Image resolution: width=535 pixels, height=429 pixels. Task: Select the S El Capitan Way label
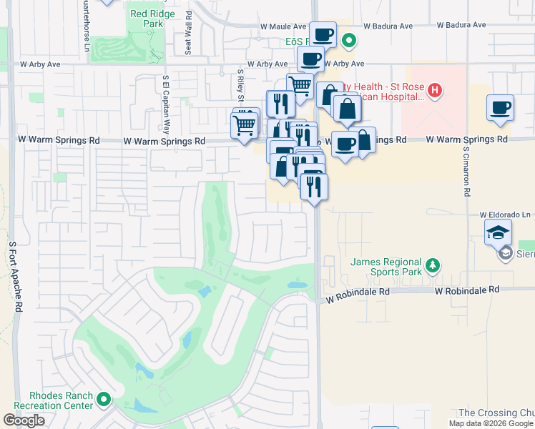click(165, 105)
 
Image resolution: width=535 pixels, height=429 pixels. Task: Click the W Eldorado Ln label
click(506, 214)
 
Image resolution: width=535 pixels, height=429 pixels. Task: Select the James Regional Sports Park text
click(386, 267)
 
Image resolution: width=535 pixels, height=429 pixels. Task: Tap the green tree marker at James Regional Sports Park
click(432, 266)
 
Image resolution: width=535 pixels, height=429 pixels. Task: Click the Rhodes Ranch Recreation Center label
click(62, 400)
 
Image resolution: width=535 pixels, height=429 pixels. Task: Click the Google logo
click(24, 420)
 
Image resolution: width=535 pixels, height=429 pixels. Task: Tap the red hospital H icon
click(434, 91)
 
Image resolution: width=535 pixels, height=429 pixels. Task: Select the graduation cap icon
click(499, 232)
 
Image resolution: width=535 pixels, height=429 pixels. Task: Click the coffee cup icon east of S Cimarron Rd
click(501, 107)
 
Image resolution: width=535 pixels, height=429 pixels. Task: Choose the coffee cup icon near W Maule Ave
click(323, 33)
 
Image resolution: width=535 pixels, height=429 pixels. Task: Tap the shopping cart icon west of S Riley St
click(245, 125)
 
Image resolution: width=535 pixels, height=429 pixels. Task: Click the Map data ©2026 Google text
click(491, 423)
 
